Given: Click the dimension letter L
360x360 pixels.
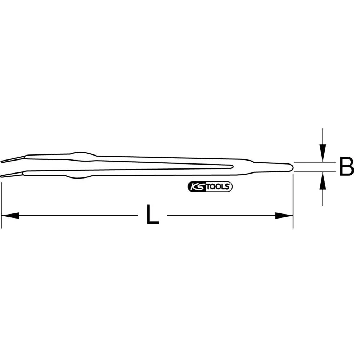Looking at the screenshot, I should [x=153, y=215].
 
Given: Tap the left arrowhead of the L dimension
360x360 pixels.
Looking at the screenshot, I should [x=10, y=216].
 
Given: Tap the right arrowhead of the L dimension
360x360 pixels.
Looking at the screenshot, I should [x=284, y=216].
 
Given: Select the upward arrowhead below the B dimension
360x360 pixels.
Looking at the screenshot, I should [x=323, y=182].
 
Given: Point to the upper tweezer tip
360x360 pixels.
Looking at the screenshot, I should [x=3, y=161].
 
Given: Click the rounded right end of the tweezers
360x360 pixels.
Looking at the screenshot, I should [x=291, y=167].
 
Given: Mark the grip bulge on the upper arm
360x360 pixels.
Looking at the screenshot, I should [x=82, y=154].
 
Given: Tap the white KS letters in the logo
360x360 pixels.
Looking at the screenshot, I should [x=195, y=187].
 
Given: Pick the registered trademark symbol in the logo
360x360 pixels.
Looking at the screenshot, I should [x=230, y=185].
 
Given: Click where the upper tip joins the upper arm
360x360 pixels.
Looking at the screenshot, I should [x=25, y=157].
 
